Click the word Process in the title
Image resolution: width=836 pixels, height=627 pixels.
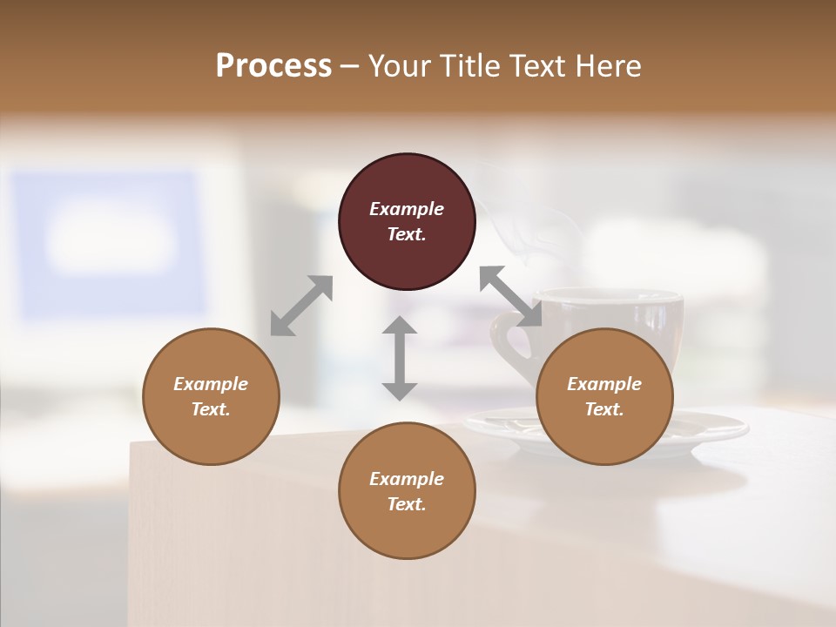(x=273, y=66)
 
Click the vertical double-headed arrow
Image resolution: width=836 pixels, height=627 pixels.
(x=400, y=358)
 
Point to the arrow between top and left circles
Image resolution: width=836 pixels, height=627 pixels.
(x=301, y=306)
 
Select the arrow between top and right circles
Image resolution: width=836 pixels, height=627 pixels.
(x=510, y=296)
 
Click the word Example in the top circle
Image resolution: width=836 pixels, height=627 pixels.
(x=407, y=209)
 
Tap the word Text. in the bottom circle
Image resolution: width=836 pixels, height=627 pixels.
(x=407, y=504)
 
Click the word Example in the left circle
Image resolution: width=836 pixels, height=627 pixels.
(x=211, y=384)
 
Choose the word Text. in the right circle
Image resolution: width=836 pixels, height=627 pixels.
(x=604, y=409)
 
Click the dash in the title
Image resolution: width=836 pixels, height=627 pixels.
(x=350, y=67)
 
